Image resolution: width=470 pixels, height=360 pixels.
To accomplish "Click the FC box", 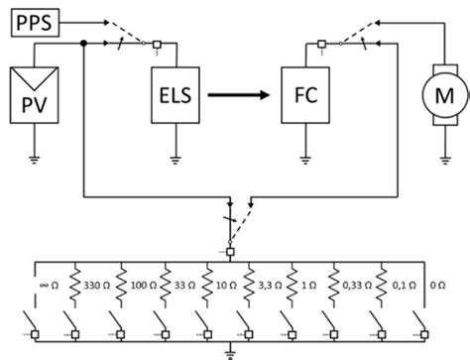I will [x=304, y=95].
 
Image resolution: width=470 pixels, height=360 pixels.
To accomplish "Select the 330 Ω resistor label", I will [x=96, y=284].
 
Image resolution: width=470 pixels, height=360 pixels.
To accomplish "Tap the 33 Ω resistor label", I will [x=183, y=284].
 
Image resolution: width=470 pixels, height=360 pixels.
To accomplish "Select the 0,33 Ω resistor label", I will [x=355, y=284].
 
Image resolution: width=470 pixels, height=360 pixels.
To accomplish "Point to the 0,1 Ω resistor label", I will [x=399, y=284].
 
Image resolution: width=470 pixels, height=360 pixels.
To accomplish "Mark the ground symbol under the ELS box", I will [x=176, y=155].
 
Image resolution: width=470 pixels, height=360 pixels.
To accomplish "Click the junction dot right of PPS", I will [x=84, y=43].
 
